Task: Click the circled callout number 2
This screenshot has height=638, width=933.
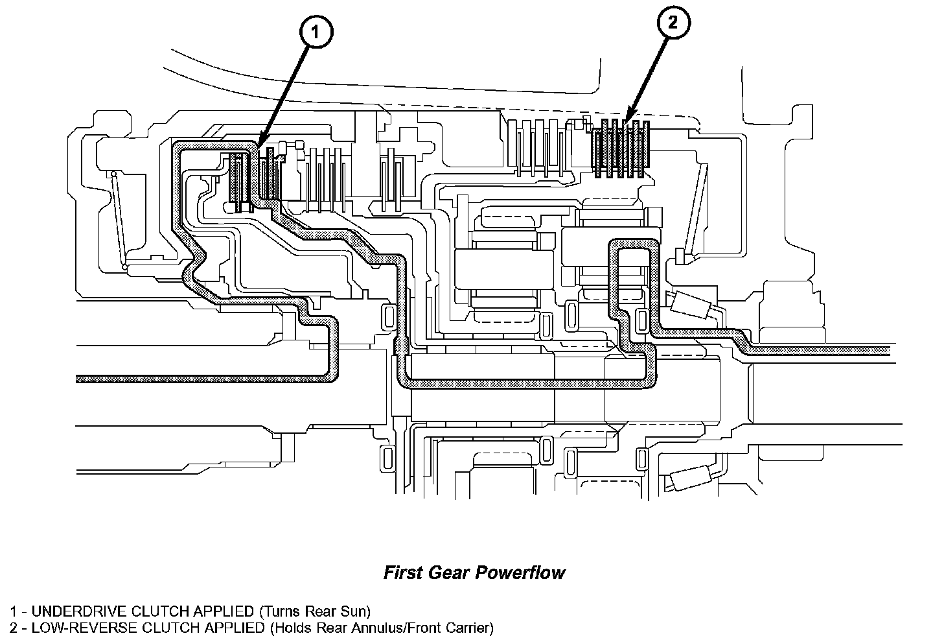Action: [x=673, y=24]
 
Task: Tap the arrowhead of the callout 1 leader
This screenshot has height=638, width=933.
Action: [x=259, y=144]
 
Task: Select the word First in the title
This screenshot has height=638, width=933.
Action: [x=403, y=573]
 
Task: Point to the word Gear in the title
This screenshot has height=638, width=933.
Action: [x=450, y=573]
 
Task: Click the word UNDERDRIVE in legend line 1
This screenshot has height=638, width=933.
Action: [x=80, y=611]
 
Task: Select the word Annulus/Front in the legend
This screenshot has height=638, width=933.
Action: [x=403, y=628]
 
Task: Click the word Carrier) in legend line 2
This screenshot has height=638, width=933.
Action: [x=470, y=628]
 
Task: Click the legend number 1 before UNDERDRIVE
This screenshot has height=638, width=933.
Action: [x=13, y=611]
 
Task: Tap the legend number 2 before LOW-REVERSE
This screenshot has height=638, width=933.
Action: [x=13, y=628]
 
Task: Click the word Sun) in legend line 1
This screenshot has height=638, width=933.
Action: [x=356, y=611]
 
